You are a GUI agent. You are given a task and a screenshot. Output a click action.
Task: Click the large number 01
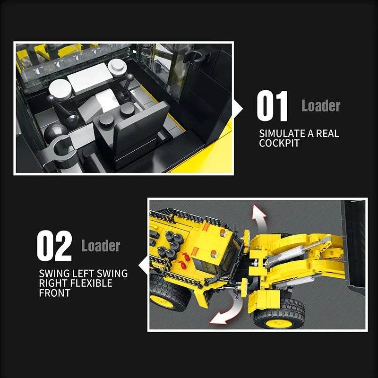point(272,107)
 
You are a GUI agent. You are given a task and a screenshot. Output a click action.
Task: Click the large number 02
point(54,246)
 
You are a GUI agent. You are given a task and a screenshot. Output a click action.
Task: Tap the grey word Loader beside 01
point(321,105)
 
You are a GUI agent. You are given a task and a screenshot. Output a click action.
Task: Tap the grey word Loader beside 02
point(101,246)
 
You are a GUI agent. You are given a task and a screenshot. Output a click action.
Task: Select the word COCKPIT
point(279,143)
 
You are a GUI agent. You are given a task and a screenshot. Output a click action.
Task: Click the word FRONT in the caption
point(54,293)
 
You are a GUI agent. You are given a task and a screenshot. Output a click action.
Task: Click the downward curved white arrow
point(227,309)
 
